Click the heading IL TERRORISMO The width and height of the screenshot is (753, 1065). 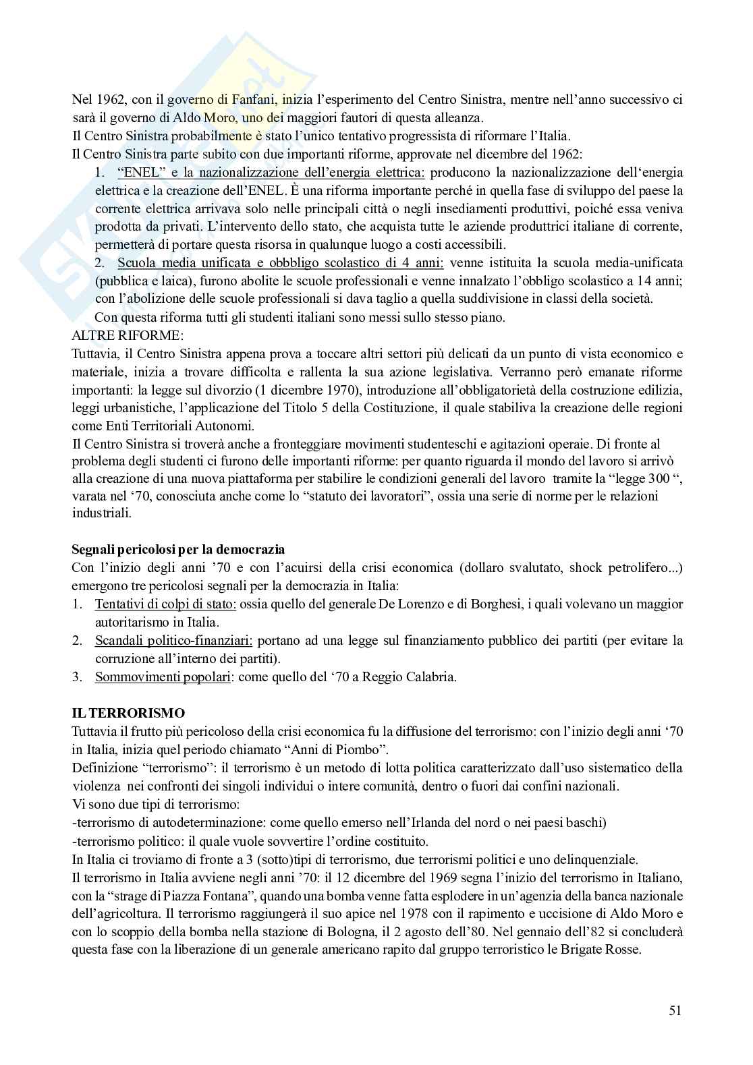pyautogui.click(x=128, y=713)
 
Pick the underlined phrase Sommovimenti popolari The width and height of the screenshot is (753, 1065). pyautogui.click(x=163, y=677)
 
